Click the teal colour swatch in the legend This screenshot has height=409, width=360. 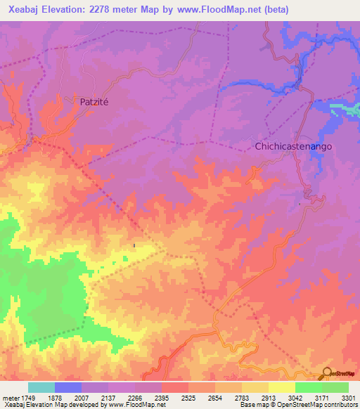pos(41,387)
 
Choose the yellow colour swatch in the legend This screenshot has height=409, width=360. pos(281,387)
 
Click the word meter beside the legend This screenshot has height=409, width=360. pos(11,398)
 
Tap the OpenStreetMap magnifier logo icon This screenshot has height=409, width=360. pos(326,374)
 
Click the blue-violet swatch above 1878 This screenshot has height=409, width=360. pos(68,387)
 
